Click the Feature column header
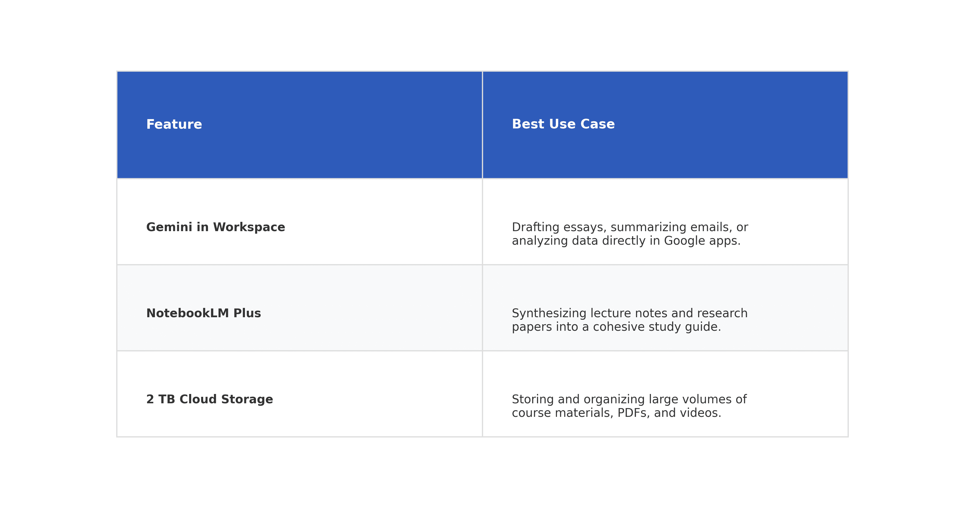click(174, 124)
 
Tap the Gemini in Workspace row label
click(215, 227)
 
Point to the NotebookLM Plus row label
click(203, 313)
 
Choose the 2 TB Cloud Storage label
click(209, 399)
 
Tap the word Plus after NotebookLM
click(247, 313)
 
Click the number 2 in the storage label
click(150, 399)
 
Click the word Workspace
click(249, 227)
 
